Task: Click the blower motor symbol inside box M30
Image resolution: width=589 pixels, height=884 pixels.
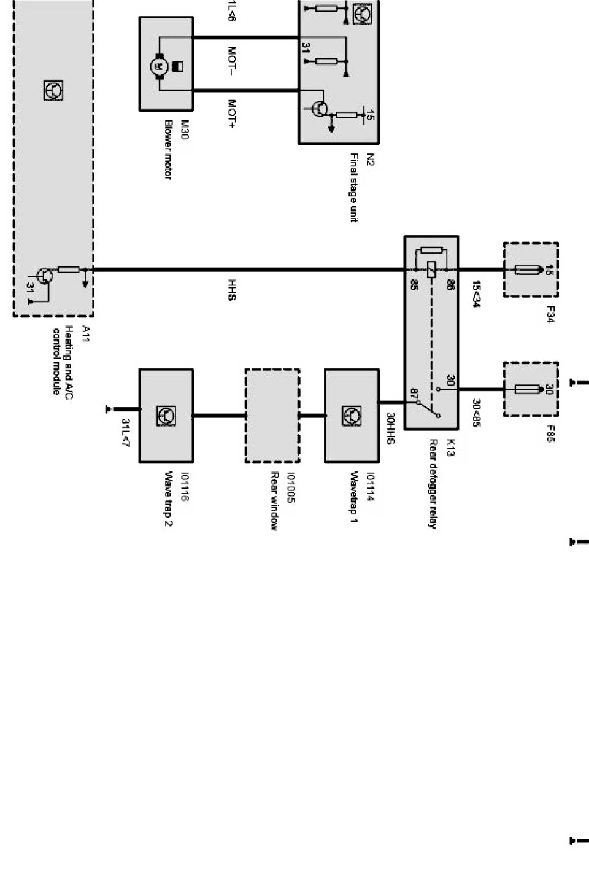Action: point(158,64)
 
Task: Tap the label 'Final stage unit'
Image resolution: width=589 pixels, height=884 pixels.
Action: point(354,188)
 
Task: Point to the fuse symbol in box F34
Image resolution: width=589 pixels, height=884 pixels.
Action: point(531,269)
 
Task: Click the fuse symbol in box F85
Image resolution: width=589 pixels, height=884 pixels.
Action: point(531,389)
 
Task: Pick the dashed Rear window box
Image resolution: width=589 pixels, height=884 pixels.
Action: point(272,416)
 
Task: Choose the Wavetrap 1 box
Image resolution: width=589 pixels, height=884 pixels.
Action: point(352,416)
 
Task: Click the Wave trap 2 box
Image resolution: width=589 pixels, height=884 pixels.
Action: point(166,416)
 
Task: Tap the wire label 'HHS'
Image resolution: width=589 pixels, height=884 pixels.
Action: point(232,290)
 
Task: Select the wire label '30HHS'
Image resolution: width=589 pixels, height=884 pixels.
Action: point(390,424)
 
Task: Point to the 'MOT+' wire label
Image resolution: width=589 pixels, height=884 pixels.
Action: point(232,115)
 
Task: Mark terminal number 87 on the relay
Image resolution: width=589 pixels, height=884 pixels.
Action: point(414,392)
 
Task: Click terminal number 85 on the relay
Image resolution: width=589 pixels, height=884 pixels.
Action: point(414,285)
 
